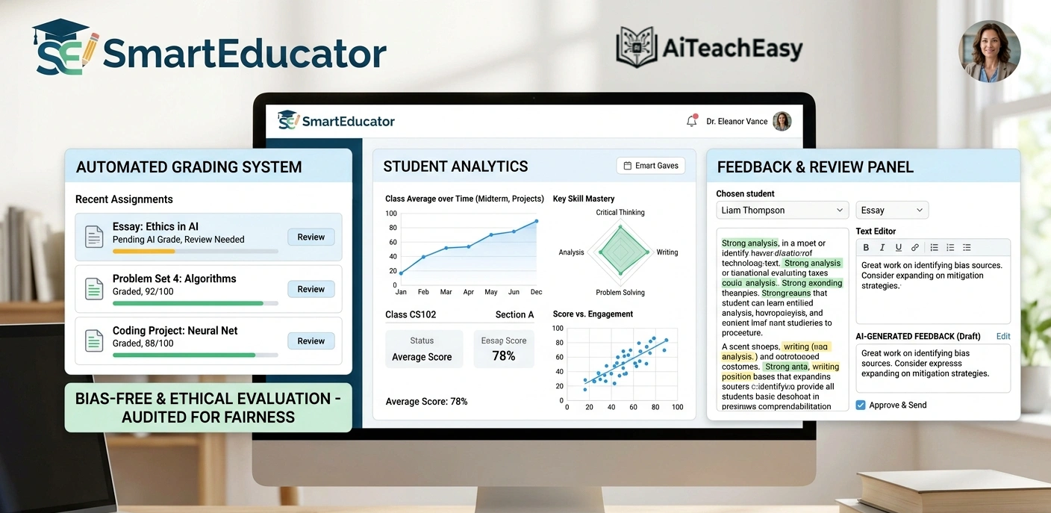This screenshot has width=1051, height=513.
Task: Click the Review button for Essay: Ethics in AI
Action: point(311,237)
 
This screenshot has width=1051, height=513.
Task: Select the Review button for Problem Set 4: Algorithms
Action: point(311,290)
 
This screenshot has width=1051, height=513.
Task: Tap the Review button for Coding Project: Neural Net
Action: point(311,341)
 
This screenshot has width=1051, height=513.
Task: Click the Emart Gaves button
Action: point(651,166)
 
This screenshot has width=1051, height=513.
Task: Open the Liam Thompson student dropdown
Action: point(782,211)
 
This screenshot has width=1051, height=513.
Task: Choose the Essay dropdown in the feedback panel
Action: point(891,211)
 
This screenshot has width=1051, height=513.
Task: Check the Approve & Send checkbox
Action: point(861,405)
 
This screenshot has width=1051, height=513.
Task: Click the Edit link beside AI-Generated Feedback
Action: point(1002,337)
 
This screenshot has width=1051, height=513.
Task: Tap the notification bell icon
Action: point(691,121)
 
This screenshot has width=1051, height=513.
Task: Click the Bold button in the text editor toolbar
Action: point(866,248)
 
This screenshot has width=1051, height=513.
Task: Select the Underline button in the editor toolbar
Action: point(898,248)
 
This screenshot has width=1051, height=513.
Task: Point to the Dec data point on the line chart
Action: point(536,221)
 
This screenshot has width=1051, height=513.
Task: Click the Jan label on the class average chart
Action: point(401,292)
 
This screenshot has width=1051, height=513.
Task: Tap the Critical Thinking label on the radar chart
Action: point(620,213)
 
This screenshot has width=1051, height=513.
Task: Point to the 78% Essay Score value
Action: point(504,356)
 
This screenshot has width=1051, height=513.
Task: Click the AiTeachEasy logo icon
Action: point(637,48)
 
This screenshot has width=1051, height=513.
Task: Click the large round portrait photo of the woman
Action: point(989,51)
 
